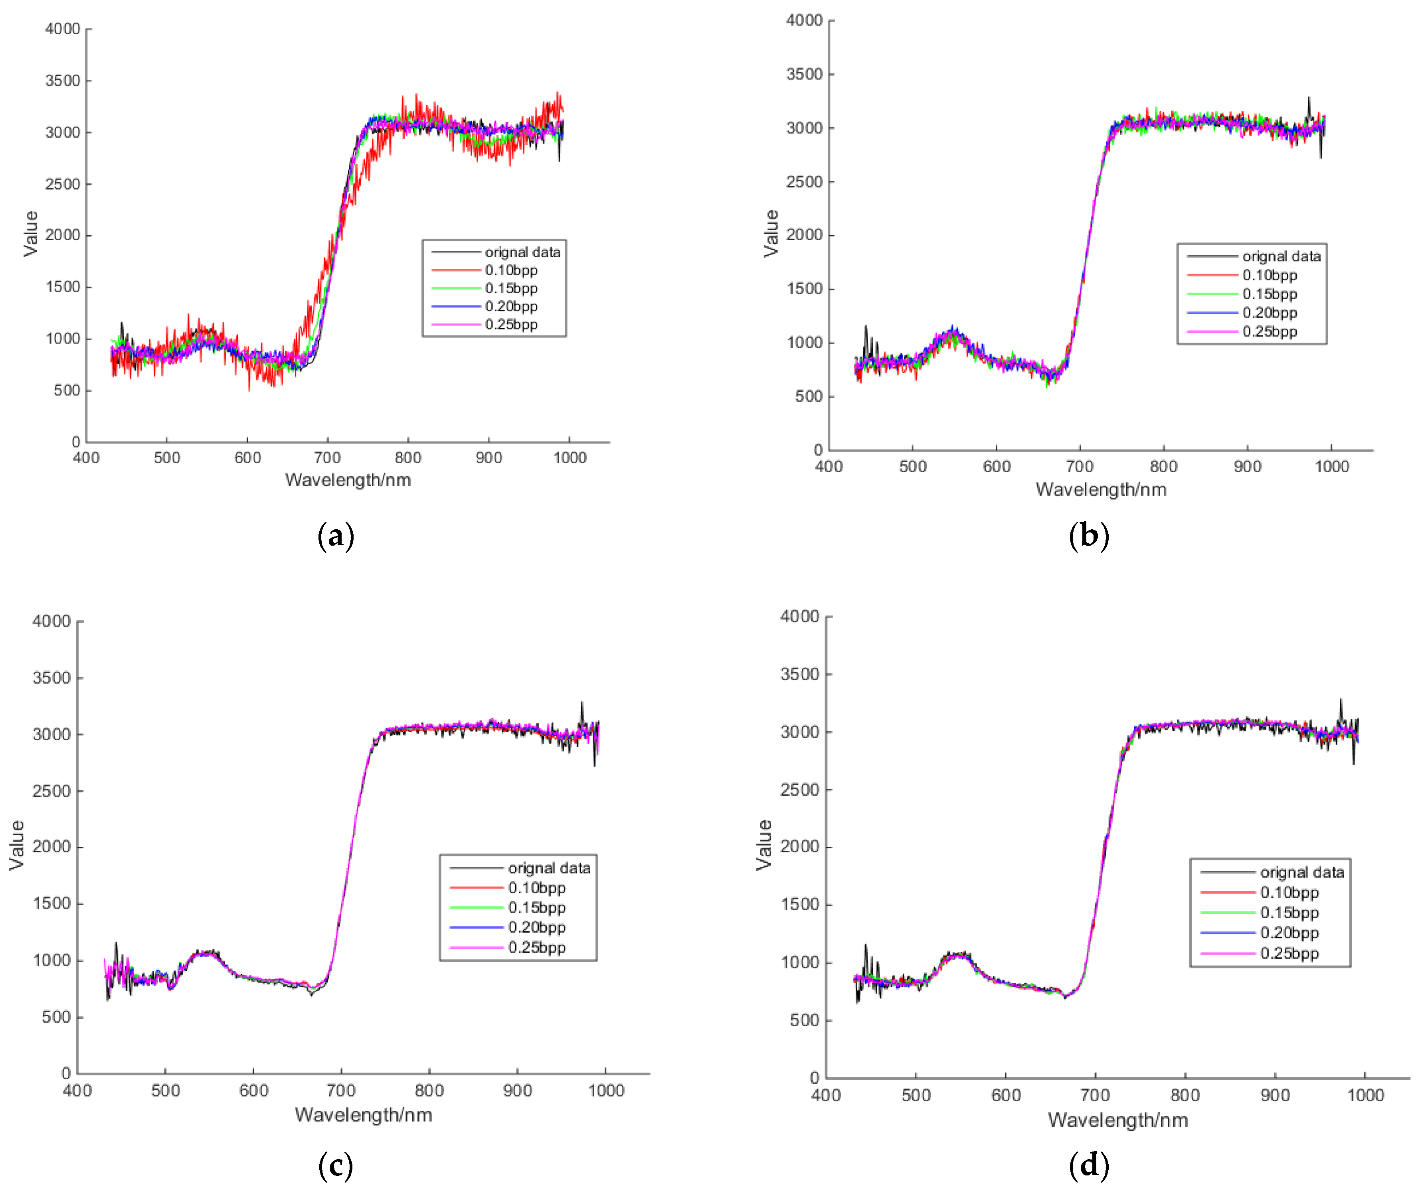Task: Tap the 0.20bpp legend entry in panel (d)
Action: pyautogui.click(x=1289, y=933)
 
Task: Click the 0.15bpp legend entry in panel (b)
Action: pyautogui.click(x=1269, y=294)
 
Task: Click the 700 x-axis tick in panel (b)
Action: pyautogui.click(x=1080, y=466)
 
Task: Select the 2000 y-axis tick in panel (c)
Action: pyautogui.click(x=51, y=847)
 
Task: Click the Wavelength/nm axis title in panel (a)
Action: pyautogui.click(x=348, y=480)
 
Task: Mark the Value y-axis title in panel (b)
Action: pyautogui.click(x=771, y=233)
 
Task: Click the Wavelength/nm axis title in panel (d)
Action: pyautogui.click(x=1117, y=1120)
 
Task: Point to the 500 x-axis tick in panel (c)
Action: pyautogui.click(x=165, y=1090)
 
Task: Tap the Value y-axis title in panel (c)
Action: pyautogui.click(x=17, y=845)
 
